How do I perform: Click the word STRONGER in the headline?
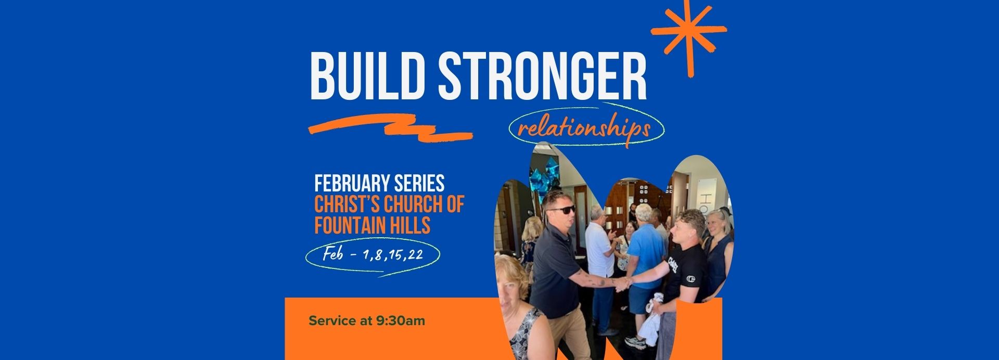click(x=542, y=76)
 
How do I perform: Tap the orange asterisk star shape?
click(x=688, y=35)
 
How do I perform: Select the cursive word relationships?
click(x=584, y=128)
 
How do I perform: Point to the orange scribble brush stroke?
click(x=390, y=127)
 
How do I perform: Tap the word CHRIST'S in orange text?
click(x=348, y=204)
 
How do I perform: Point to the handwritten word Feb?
click(x=333, y=254)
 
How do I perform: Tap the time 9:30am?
click(x=401, y=320)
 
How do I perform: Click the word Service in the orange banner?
click(x=331, y=320)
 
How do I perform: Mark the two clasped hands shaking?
click(x=622, y=283)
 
